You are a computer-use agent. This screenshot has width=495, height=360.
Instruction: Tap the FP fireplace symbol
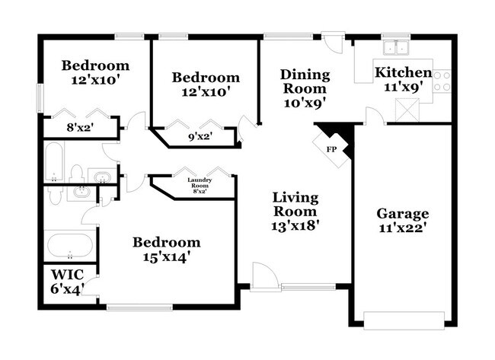point(332,148)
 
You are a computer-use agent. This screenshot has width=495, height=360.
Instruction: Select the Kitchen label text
point(403,73)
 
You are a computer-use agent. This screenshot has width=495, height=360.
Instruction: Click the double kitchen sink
point(395,48)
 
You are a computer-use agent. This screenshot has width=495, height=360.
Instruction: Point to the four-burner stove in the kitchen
point(442,81)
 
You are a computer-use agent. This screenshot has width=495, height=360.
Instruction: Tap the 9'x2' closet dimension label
point(199,137)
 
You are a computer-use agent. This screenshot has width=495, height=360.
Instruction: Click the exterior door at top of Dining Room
point(333,41)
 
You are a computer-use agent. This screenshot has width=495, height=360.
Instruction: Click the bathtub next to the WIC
point(70,247)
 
